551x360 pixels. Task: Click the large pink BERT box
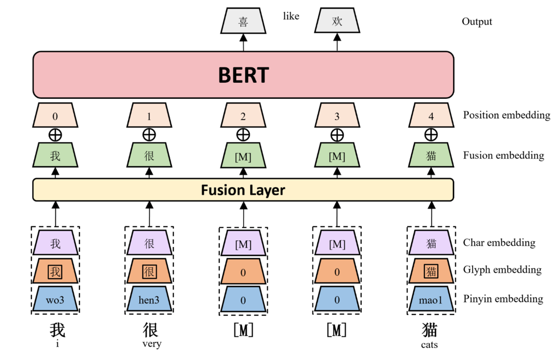243,75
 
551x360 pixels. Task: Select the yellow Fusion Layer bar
243,190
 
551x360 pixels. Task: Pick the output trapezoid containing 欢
337,21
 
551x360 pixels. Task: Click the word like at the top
291,16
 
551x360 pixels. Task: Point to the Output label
477,21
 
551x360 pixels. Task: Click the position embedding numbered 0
55,116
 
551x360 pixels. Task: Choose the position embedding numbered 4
431,116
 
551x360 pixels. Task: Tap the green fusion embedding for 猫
431,156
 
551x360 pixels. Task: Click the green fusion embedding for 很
149,156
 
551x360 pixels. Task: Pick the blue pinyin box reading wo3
55,300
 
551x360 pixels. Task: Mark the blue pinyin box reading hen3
149,300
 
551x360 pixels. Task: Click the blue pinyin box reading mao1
431,300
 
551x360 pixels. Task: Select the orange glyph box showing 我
55,272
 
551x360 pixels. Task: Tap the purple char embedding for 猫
431,243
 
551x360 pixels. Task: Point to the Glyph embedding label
502,270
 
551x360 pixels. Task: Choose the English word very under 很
151,344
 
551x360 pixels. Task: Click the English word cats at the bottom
429,344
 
